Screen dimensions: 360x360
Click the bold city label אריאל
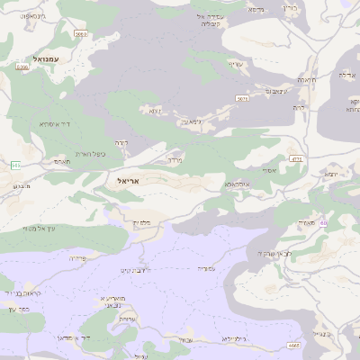tap(130, 181)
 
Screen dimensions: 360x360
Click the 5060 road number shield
tap(81, 34)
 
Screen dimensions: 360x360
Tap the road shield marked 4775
tap(296, 159)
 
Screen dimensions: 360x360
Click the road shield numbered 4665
tap(293, 346)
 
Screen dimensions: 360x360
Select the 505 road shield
tap(14, 165)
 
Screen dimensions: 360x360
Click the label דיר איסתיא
tap(55, 123)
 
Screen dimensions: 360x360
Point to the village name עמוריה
tap(208, 268)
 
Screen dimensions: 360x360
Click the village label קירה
tap(123, 142)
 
